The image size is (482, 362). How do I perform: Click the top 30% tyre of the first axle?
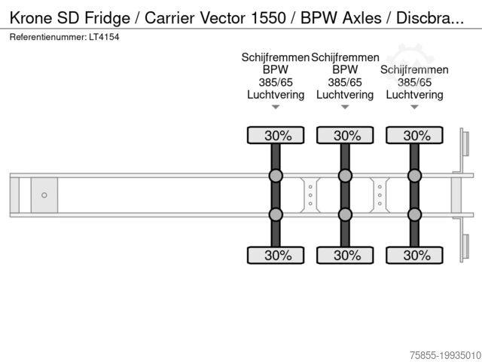pos(276,136)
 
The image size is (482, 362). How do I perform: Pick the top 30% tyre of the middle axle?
pos(345,136)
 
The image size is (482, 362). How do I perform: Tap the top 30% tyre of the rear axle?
pos(414,136)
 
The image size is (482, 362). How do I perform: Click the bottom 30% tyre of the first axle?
pos(276,255)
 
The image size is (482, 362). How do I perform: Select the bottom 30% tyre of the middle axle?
pos(345,255)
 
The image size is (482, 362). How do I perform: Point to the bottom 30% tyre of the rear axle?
pos(414,255)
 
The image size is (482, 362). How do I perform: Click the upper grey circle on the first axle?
pos(276,176)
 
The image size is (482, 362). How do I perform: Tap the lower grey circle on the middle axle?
pos(345,214)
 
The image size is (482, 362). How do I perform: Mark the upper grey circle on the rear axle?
pos(414,176)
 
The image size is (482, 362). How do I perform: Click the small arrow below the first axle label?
pos(276,107)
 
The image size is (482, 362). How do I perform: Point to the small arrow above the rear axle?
pos(414,107)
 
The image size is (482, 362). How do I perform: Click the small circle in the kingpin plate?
pos(44,195)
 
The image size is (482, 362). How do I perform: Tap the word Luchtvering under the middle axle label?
pos(345,94)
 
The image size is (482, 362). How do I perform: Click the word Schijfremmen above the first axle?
pos(275,57)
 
